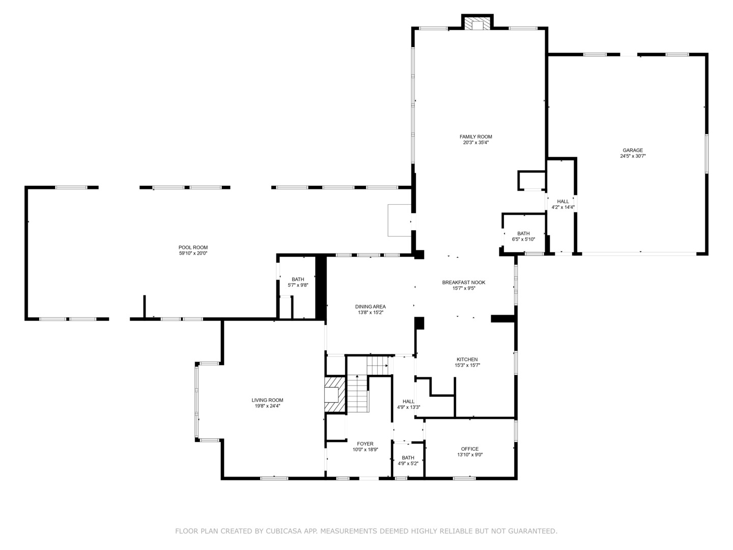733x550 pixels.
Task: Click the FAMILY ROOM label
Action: (x=475, y=136)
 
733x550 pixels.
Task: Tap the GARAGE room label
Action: (x=633, y=150)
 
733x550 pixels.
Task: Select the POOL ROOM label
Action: (x=193, y=248)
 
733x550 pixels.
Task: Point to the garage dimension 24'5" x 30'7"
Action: (x=633, y=157)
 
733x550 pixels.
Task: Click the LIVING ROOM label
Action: (x=267, y=400)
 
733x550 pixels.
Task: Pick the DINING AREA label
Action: (x=370, y=307)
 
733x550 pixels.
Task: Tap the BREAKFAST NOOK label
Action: (x=463, y=282)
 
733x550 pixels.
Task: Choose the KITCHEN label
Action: (x=467, y=360)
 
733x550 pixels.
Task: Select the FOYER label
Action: (x=365, y=444)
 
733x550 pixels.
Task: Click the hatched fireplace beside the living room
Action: (x=335, y=394)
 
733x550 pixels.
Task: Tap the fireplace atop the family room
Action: (x=477, y=25)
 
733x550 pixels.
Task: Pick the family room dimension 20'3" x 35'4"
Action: (x=475, y=143)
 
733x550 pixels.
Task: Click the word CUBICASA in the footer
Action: (x=286, y=531)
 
